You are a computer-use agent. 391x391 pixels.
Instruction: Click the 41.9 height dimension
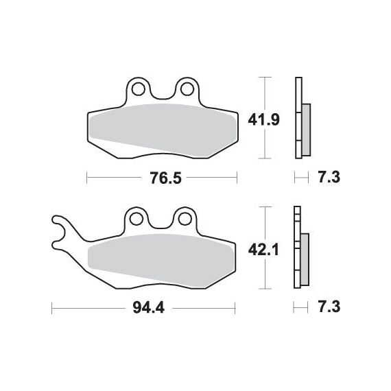pos(263,120)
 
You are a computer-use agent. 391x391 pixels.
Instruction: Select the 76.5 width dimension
pos(165,178)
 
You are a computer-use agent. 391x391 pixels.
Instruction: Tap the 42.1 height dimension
pos(263,250)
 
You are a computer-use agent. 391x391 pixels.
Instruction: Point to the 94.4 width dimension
pos(149,308)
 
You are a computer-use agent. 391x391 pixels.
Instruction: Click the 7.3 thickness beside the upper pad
pos(329,177)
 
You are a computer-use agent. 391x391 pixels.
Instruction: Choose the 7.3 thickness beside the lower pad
pos(329,307)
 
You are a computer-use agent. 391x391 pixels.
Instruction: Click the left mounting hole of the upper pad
pos(138,89)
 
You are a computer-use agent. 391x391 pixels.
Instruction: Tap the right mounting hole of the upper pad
pos(187,89)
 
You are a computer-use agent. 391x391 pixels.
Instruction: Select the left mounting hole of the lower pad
pos(137,219)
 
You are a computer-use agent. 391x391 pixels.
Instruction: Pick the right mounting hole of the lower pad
pos(185,219)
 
